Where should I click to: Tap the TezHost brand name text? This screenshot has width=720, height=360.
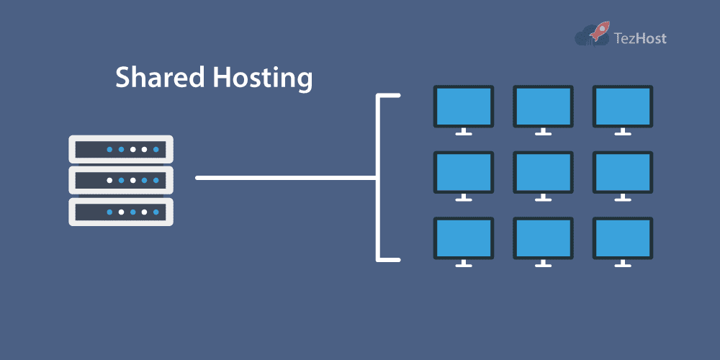[x=639, y=37]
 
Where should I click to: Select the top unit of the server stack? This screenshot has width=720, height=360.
[x=121, y=149]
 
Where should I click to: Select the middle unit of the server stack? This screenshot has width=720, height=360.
[x=121, y=180]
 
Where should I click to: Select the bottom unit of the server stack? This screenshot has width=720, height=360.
[x=121, y=212]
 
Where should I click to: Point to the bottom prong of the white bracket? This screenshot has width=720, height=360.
[x=389, y=258]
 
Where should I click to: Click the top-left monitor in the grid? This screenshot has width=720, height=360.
[x=463, y=107]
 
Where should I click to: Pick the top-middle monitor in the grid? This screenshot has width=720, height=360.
[x=543, y=107]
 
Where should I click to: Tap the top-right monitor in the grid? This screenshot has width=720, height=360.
[x=622, y=107]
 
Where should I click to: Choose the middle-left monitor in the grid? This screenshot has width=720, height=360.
[x=463, y=173]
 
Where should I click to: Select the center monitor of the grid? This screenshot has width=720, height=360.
[x=543, y=173]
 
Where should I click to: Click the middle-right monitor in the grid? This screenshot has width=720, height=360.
[x=622, y=173]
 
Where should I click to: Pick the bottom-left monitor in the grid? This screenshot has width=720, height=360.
[x=463, y=238]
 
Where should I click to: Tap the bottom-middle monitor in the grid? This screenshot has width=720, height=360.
[x=543, y=238]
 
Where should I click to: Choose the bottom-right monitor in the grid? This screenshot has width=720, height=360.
[x=622, y=238]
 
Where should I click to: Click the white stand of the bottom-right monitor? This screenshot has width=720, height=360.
[x=622, y=264]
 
